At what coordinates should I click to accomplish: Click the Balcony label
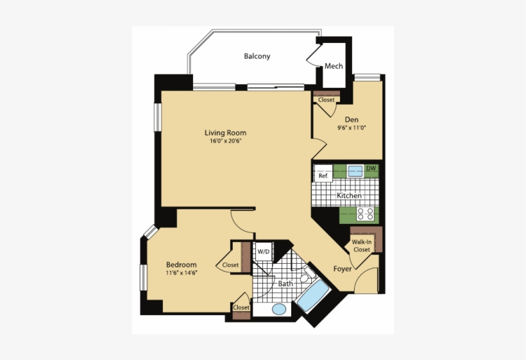257,56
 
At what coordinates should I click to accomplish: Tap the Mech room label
334,66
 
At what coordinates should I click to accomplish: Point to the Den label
351,119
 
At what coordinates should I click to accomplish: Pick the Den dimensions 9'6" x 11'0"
351,128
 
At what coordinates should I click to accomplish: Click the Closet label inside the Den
326,100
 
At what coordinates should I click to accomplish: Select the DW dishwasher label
371,169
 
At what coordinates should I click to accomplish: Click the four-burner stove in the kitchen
366,214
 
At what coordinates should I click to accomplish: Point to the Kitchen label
349,195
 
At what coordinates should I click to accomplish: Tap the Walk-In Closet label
361,246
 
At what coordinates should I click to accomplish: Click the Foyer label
343,269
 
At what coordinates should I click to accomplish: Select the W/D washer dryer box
263,252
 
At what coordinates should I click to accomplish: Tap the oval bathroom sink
279,309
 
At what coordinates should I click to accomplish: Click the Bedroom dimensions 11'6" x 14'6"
182,273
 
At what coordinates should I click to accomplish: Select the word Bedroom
182,264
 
